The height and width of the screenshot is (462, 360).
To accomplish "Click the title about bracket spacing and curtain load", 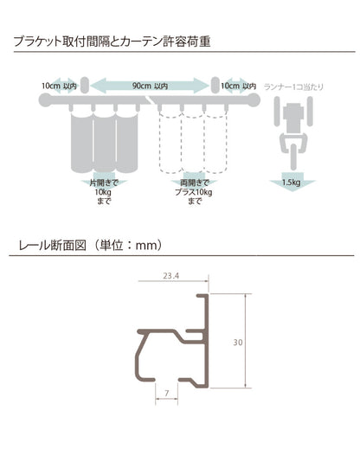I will click(x=113, y=41).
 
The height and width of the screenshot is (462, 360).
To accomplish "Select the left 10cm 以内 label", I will click(x=59, y=86).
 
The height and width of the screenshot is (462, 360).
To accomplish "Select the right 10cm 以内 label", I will click(x=237, y=86).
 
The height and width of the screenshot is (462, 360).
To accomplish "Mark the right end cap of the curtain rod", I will click(x=254, y=102).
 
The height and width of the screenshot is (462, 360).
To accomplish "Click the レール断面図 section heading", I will click(x=89, y=245).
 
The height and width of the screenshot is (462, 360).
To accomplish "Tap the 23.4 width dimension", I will click(x=170, y=277).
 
